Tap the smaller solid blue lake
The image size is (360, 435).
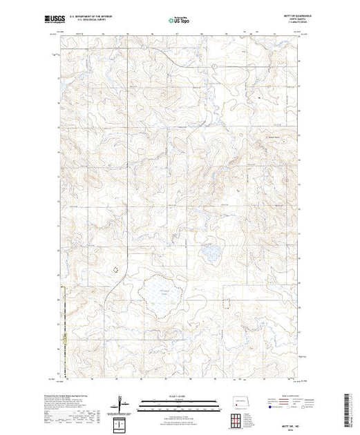[x=209, y=253]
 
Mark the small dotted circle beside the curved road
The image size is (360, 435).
[x=117, y=264]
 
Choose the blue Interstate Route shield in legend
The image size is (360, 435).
[x=265, y=407]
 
